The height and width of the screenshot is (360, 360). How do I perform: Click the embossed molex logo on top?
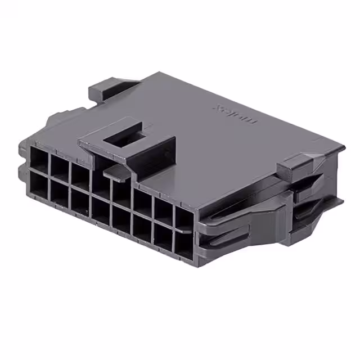[x=235, y=112]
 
